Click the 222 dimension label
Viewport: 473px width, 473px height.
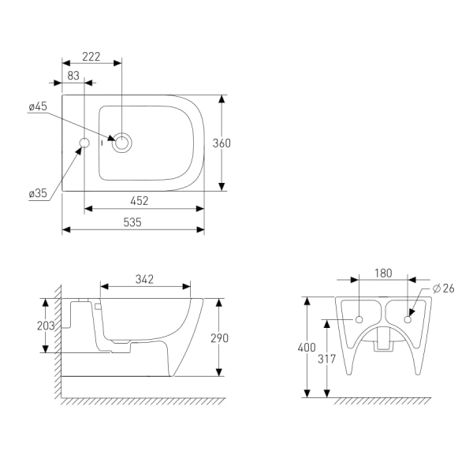point(91,57)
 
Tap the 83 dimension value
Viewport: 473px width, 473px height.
point(73,76)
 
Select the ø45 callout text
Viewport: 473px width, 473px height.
point(38,106)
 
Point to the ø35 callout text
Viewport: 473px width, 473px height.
point(38,193)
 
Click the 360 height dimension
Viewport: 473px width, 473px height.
point(222,143)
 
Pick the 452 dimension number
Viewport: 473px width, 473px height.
point(140,201)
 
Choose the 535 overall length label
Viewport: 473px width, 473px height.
point(132,222)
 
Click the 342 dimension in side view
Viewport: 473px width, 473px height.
point(144,279)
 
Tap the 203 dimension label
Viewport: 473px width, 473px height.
point(46,326)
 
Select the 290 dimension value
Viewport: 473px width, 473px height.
point(220,338)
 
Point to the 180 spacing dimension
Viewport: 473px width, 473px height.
point(383,273)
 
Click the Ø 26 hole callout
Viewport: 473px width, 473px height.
point(443,289)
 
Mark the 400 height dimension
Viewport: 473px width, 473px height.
point(307,348)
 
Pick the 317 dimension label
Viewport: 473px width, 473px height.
point(326,359)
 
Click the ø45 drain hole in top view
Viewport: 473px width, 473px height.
point(122,143)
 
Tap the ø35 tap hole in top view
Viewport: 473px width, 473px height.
point(84,143)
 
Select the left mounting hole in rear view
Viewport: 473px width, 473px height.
point(359,319)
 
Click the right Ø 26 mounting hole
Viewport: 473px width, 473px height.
point(408,319)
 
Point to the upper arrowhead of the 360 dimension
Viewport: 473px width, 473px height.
point(222,99)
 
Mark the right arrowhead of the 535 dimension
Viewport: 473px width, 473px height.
point(200,230)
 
